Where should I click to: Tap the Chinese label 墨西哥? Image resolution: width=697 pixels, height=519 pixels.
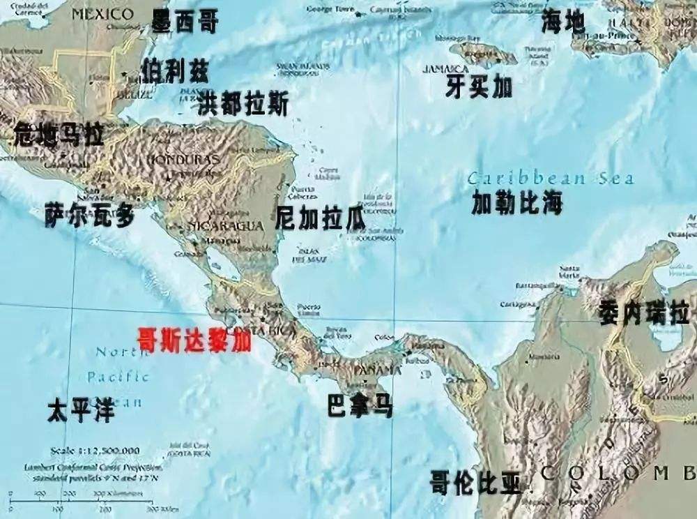[185, 22]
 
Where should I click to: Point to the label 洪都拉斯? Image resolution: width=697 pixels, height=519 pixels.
[242, 105]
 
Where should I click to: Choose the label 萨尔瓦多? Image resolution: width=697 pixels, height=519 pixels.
[89, 216]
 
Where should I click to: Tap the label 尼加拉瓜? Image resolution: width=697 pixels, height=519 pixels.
[321, 219]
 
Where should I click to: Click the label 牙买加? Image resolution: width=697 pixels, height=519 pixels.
[479, 87]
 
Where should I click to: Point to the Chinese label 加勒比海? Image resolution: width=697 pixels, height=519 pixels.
[516, 203]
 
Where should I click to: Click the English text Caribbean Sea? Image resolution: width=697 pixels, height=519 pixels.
[551, 178]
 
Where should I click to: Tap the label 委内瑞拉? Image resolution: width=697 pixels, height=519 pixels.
[644, 313]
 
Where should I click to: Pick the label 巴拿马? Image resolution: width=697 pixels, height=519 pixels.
[360, 407]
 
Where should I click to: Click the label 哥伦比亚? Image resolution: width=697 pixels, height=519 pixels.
[475, 483]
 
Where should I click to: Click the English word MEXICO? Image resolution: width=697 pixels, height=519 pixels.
[102, 14]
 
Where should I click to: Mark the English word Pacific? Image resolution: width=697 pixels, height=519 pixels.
[118, 377]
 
